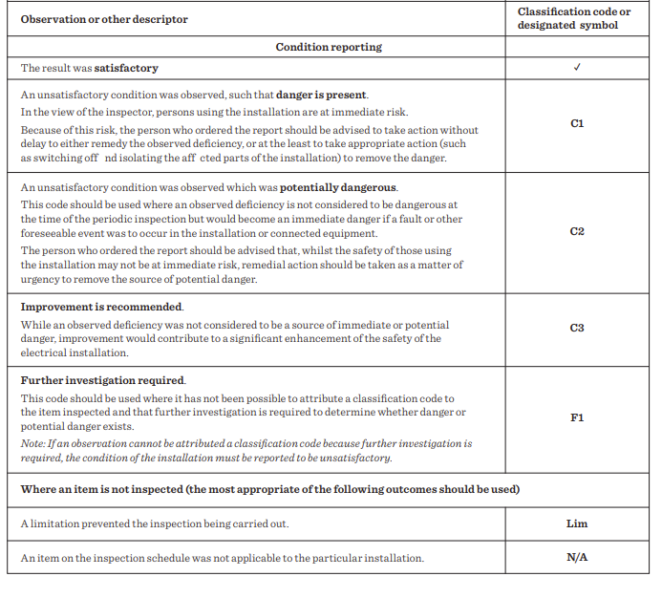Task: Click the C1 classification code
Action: click(x=576, y=124)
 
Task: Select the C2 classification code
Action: click(x=576, y=232)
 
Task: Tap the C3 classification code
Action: click(x=576, y=328)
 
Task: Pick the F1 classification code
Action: click(x=576, y=417)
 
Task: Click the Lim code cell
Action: click(x=576, y=523)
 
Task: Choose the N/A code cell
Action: click(x=576, y=557)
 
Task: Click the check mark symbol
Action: click(x=576, y=68)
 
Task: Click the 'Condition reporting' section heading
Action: click(x=328, y=47)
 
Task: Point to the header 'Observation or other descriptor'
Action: click(x=104, y=19)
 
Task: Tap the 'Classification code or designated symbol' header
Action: click(x=576, y=18)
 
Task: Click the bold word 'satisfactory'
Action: click(x=126, y=68)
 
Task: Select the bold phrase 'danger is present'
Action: click(x=322, y=95)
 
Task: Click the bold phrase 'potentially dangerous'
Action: click(x=338, y=187)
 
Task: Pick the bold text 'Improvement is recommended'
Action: click(x=102, y=307)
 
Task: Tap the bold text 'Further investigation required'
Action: click(x=103, y=380)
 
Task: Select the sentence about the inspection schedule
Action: click(x=222, y=557)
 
